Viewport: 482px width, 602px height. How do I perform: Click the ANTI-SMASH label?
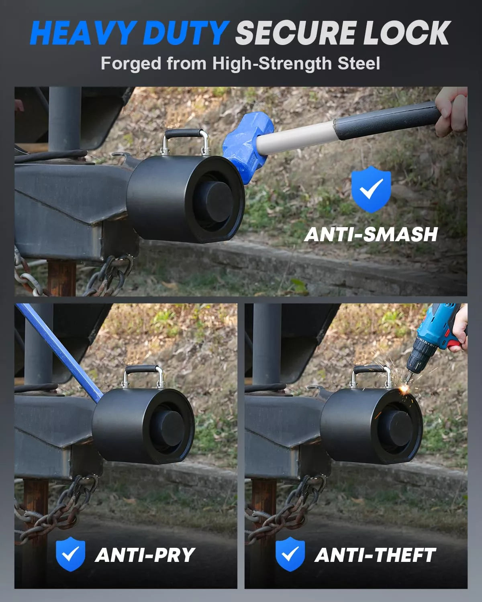[371, 234]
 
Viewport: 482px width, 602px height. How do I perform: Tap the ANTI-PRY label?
[145, 555]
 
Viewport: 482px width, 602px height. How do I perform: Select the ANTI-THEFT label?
[375, 555]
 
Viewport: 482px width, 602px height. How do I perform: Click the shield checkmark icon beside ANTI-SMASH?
[371, 189]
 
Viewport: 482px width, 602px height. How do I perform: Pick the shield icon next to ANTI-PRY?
[70, 554]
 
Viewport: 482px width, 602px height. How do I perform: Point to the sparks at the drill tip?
[405, 388]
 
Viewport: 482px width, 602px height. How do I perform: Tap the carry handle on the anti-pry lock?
[143, 370]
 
